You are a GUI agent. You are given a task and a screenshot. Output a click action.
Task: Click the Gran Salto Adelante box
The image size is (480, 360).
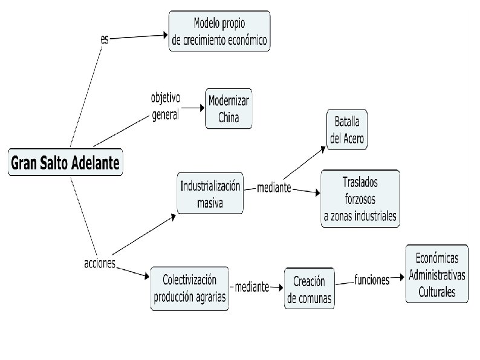coord(65,163)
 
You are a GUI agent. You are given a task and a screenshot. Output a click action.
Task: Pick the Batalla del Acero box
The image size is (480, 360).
coord(347,129)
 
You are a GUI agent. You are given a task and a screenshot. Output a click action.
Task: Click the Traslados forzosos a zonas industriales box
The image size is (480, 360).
coord(360,198)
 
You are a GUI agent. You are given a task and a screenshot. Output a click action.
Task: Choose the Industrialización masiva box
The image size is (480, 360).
coord(210,194)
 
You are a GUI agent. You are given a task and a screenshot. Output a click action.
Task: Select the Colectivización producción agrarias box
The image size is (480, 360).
coord(189,288)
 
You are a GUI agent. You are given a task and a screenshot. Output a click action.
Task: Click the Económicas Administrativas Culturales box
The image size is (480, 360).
coord(437,274)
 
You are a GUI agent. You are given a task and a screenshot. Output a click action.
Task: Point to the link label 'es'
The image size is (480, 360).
coord(105,39)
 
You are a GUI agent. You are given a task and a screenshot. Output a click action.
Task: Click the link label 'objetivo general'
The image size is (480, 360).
coord(165,106)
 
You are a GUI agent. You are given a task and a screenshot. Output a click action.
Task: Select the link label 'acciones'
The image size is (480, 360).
coord(99,263)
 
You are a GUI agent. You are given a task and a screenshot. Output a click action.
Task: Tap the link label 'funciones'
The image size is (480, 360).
coord(372,281)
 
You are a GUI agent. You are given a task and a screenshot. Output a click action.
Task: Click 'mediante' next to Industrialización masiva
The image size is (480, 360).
coord(274,188)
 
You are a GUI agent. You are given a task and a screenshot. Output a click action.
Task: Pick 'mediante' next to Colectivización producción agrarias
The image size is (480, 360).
coord(251,287)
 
